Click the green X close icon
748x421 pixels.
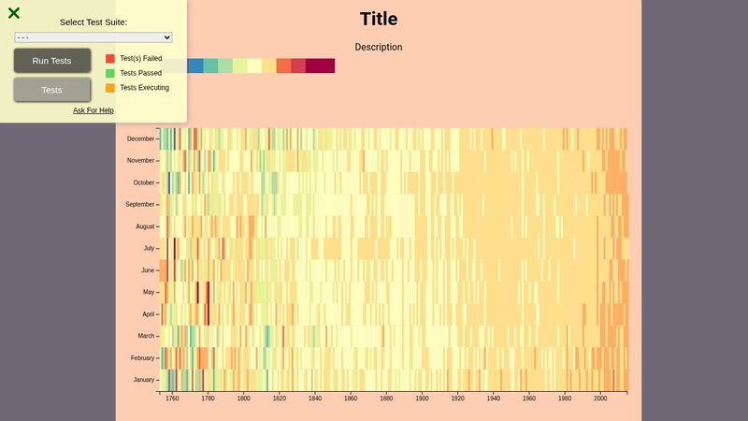pyautogui.click(x=14, y=13)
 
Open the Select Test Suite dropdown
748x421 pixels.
pyautogui.click(x=93, y=37)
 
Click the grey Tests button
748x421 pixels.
pyautogui.click(x=52, y=90)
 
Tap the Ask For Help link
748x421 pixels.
pyautogui.click(x=93, y=110)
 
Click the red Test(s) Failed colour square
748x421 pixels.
pyautogui.click(x=110, y=58)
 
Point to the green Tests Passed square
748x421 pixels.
pyautogui.click(x=110, y=73)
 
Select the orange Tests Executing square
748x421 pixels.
pyautogui.click(x=110, y=88)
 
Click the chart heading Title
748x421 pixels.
pyautogui.click(x=379, y=19)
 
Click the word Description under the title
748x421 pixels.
pyautogui.click(x=379, y=47)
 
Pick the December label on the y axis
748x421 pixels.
pyautogui.click(x=140, y=139)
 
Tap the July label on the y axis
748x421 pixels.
pyautogui.click(x=148, y=249)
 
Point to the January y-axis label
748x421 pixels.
pyautogui.click(x=143, y=380)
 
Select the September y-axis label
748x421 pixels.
pyautogui.click(x=139, y=205)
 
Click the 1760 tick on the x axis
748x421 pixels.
pyautogui.click(x=172, y=399)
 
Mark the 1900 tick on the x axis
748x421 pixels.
pyautogui.click(x=422, y=399)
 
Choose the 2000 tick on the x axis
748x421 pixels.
pyautogui.click(x=600, y=399)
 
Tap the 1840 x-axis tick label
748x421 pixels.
pyautogui.click(x=315, y=399)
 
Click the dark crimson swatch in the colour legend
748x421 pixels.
pyautogui.click(x=320, y=65)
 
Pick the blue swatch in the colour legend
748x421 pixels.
pyautogui.click(x=195, y=65)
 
